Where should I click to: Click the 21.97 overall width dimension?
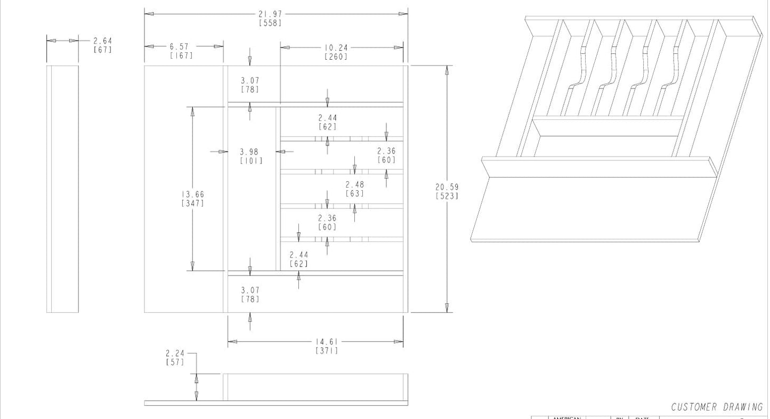pos(270,14)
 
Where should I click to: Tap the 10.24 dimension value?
pos(336,47)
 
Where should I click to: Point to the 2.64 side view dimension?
pos(102,41)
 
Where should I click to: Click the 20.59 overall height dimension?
pos(447,187)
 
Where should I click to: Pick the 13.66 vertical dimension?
pos(192,195)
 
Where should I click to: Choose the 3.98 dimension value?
pos(249,152)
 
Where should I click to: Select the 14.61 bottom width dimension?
pos(327,342)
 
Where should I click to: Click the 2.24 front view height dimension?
pos(175,353)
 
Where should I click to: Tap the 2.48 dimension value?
pos(354,184)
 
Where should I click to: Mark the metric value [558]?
pos(270,22)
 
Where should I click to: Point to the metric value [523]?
pos(447,196)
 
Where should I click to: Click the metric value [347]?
pos(192,203)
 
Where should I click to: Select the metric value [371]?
pos(327,350)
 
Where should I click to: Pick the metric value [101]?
pos(251,160)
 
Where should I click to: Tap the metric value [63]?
pos(354,193)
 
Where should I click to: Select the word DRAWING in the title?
pos(743,407)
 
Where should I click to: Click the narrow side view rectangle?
pos(62,189)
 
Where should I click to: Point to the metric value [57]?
pos(175,362)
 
